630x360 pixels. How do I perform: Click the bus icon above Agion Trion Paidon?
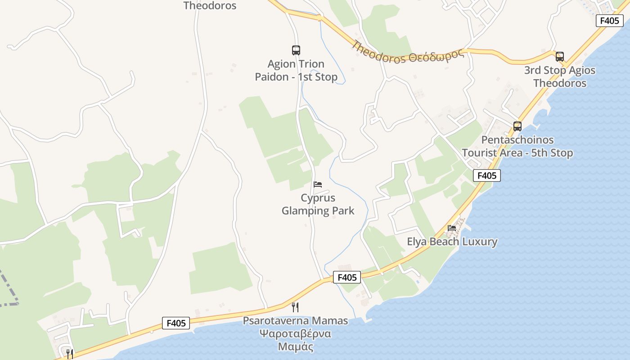tap(296, 50)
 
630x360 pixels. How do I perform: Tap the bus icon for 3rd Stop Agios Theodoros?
tap(559, 57)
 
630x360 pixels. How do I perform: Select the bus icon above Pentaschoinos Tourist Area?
tap(517, 126)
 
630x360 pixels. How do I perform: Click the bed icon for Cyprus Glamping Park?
tap(318, 184)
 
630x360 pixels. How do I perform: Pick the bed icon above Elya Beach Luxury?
tap(452, 228)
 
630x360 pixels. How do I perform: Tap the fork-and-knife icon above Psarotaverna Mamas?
tap(295, 307)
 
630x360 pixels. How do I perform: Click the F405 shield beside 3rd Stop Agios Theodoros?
tap(609, 21)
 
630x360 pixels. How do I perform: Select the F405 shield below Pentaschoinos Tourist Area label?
tap(486, 175)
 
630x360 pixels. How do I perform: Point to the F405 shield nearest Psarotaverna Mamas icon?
tap(347, 278)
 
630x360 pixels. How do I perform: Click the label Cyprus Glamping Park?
tap(318, 204)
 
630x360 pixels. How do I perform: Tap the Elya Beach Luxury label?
tap(452, 242)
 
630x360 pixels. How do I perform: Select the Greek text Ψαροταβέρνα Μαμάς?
tap(295, 340)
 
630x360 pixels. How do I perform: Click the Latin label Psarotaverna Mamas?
tap(295, 321)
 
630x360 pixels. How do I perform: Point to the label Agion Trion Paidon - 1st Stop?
tap(296, 71)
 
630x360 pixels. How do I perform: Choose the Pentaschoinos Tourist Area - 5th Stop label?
tap(517, 146)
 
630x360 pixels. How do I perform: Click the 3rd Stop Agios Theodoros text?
tap(559, 76)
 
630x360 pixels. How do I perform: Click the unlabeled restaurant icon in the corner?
tap(69, 354)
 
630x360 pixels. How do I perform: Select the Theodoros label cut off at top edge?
tap(210, 6)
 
